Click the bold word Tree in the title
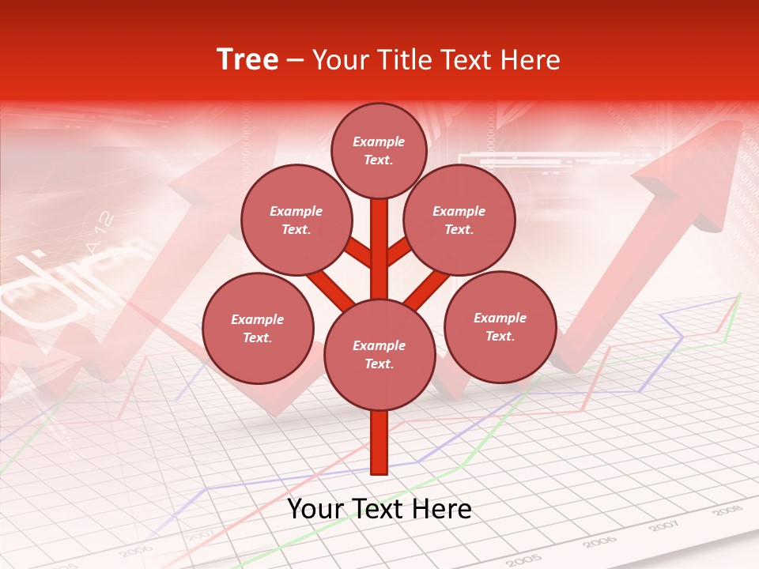click(247, 60)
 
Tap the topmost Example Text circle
click(379, 150)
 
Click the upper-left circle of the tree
click(296, 220)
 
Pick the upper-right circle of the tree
click(459, 220)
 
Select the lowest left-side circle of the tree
click(258, 328)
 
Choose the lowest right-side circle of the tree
click(500, 326)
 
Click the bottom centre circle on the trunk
click(379, 355)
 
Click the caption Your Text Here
click(379, 509)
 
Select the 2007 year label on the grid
click(663, 526)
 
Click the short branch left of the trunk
click(358, 252)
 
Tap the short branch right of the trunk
click(398, 251)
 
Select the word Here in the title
click(529, 60)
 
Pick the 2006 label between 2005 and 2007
click(599, 542)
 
